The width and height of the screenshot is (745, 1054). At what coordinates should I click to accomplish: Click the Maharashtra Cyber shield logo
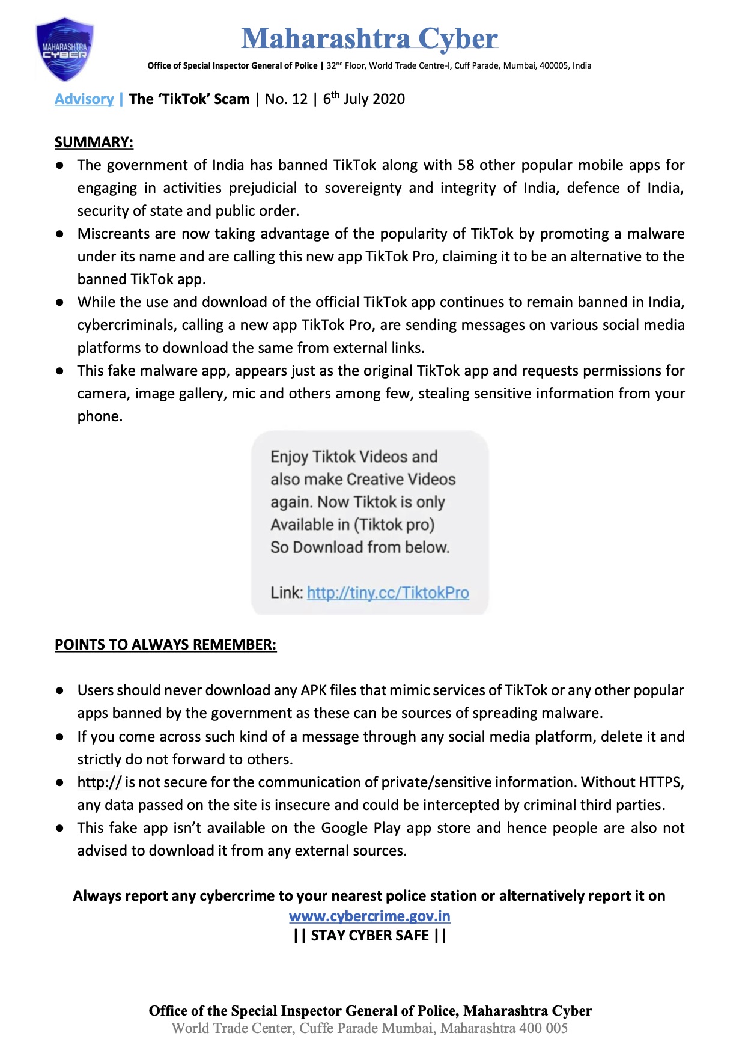coord(65,49)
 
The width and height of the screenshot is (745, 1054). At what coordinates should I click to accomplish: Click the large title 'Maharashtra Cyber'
coord(369,38)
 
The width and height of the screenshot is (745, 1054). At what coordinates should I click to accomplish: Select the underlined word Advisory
coord(84,99)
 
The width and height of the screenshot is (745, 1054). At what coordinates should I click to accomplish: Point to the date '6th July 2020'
coord(364,99)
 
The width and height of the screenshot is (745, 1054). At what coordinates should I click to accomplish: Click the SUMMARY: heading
coord(94,142)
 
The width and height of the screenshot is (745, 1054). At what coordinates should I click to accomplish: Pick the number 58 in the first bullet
coord(466,165)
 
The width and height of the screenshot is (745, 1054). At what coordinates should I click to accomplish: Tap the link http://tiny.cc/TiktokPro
coord(388,593)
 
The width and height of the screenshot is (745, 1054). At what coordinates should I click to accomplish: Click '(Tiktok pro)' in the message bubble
coord(394,525)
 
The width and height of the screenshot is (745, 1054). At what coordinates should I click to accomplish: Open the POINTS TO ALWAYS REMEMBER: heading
coord(165,645)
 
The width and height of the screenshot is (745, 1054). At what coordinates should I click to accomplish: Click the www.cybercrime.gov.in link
coord(369,916)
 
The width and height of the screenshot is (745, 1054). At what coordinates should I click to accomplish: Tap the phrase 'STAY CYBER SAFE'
coord(370,936)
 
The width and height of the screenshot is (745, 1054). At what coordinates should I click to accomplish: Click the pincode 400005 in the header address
coord(553,65)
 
